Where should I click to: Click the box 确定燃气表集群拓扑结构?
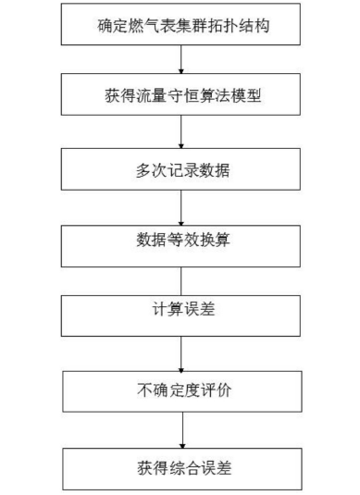tap(181, 22)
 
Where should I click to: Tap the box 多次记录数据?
tap(181, 168)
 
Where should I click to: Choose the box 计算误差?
tap(181, 316)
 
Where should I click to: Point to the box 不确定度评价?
tap(181, 391)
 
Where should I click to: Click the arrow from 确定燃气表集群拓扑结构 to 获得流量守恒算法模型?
tap(181, 58)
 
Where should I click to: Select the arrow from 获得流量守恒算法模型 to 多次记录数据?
tap(181, 132)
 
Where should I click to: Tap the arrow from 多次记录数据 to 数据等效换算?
tap(181, 205)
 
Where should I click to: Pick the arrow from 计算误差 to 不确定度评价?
tap(181, 353)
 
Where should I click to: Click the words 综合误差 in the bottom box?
tap(198, 466)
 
